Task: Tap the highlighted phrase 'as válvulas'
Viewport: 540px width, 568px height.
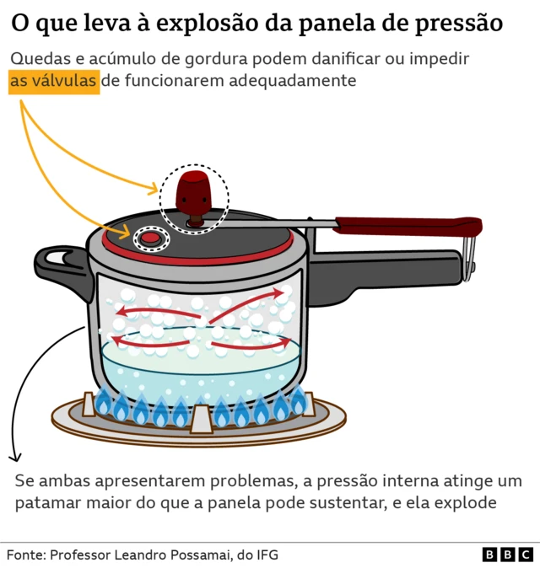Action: pyautogui.click(x=54, y=82)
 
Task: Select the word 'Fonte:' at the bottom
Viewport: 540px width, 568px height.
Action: pyautogui.click(x=26, y=555)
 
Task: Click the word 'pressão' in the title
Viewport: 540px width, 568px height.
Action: pyautogui.click(x=460, y=24)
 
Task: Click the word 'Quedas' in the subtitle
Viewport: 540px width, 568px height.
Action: pyautogui.click(x=37, y=60)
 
